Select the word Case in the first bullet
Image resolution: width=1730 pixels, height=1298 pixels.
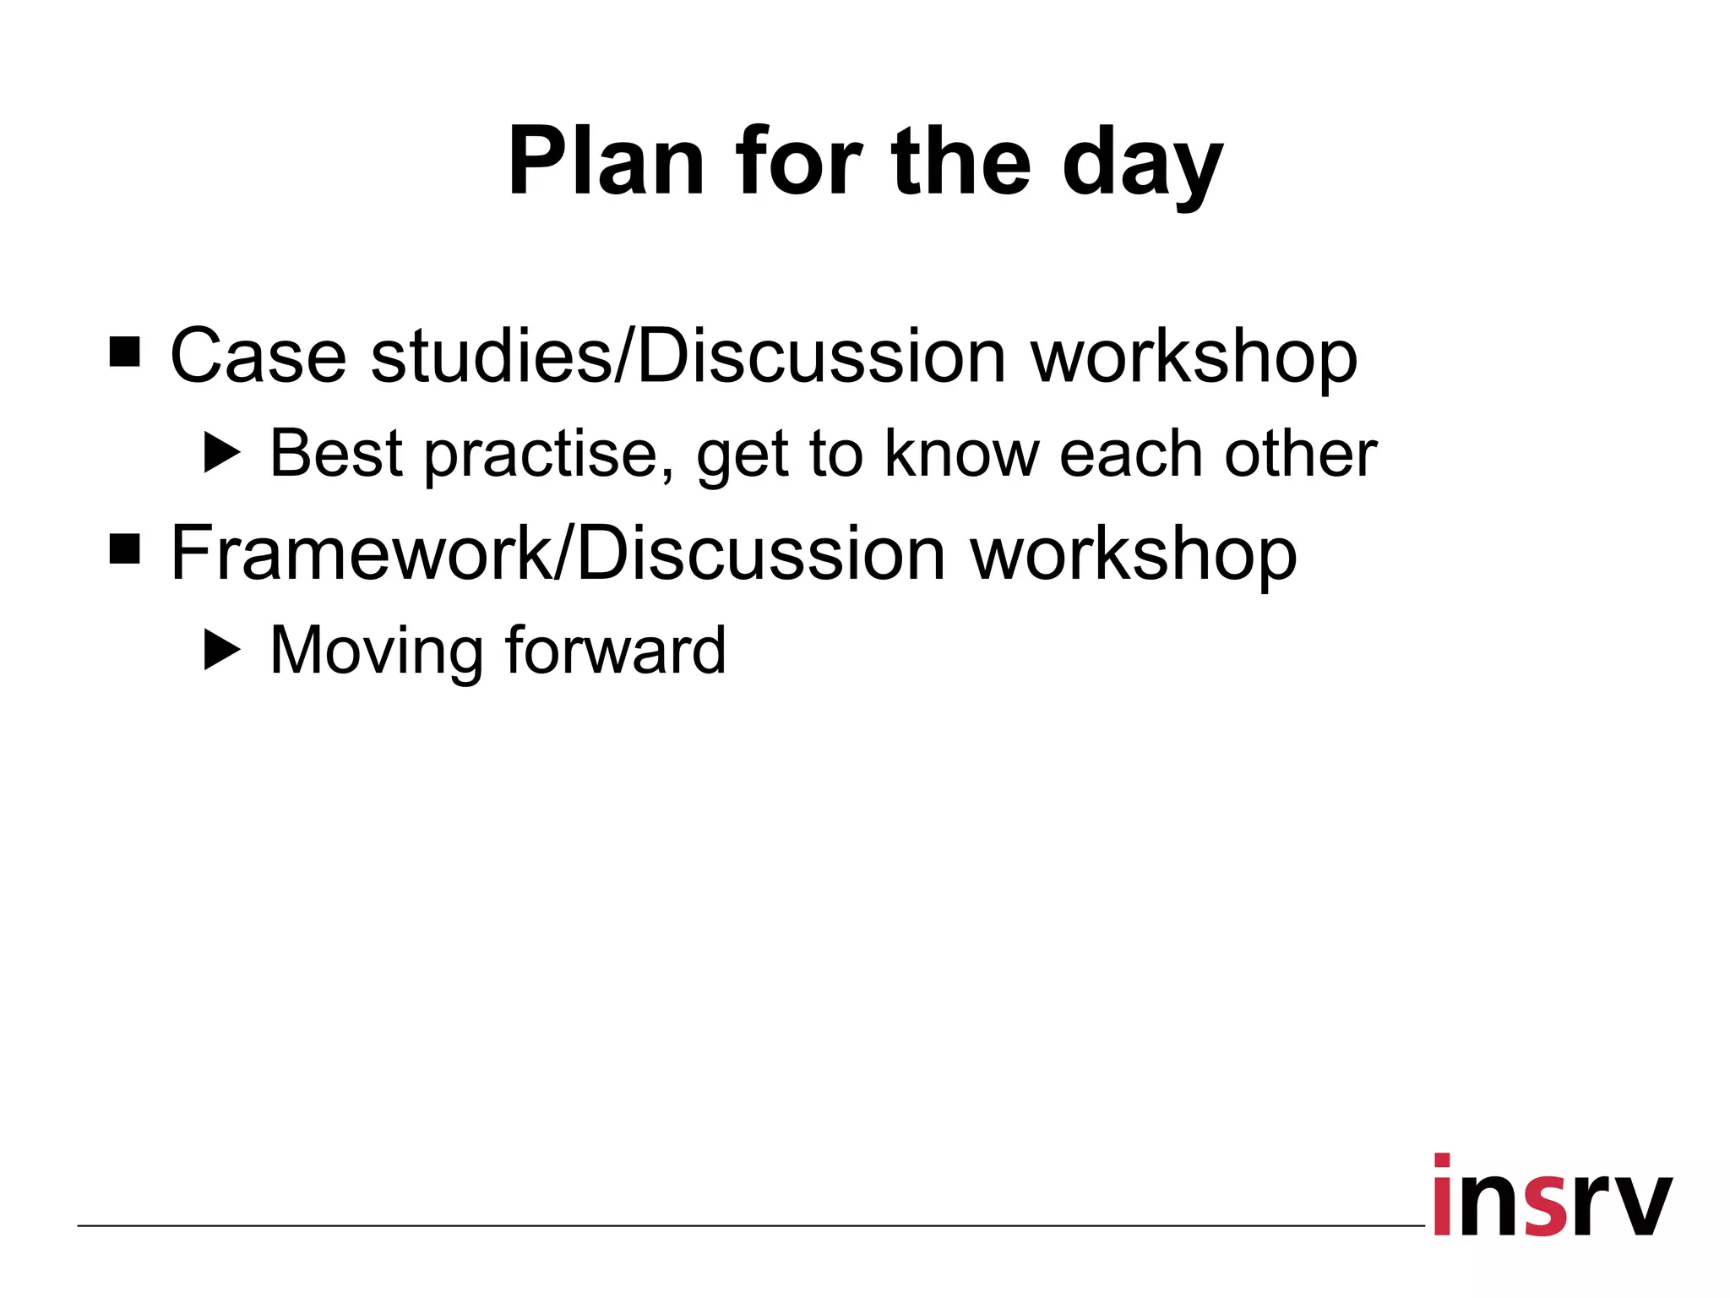pyautogui.click(x=258, y=356)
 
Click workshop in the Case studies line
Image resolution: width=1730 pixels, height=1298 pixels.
pyautogui.click(x=1194, y=359)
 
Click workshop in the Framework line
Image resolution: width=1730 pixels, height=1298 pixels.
pyautogui.click(x=1133, y=557)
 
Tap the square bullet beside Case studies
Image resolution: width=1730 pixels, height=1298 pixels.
pyautogui.click(x=125, y=352)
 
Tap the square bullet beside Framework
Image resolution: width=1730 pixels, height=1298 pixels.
pyautogui.click(x=125, y=549)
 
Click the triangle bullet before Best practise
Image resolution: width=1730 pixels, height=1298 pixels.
pyautogui.click(x=222, y=454)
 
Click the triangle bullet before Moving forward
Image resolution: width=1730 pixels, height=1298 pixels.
pyautogui.click(x=222, y=651)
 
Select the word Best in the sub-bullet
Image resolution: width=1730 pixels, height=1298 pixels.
pyautogui.click(x=336, y=454)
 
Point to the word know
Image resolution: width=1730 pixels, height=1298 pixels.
pyautogui.click(x=961, y=454)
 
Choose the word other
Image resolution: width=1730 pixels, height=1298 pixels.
pyautogui.click(x=1301, y=454)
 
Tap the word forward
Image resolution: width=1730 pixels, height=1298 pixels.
pyautogui.click(x=615, y=651)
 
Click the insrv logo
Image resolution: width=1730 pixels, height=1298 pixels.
pyautogui.click(x=1553, y=1197)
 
